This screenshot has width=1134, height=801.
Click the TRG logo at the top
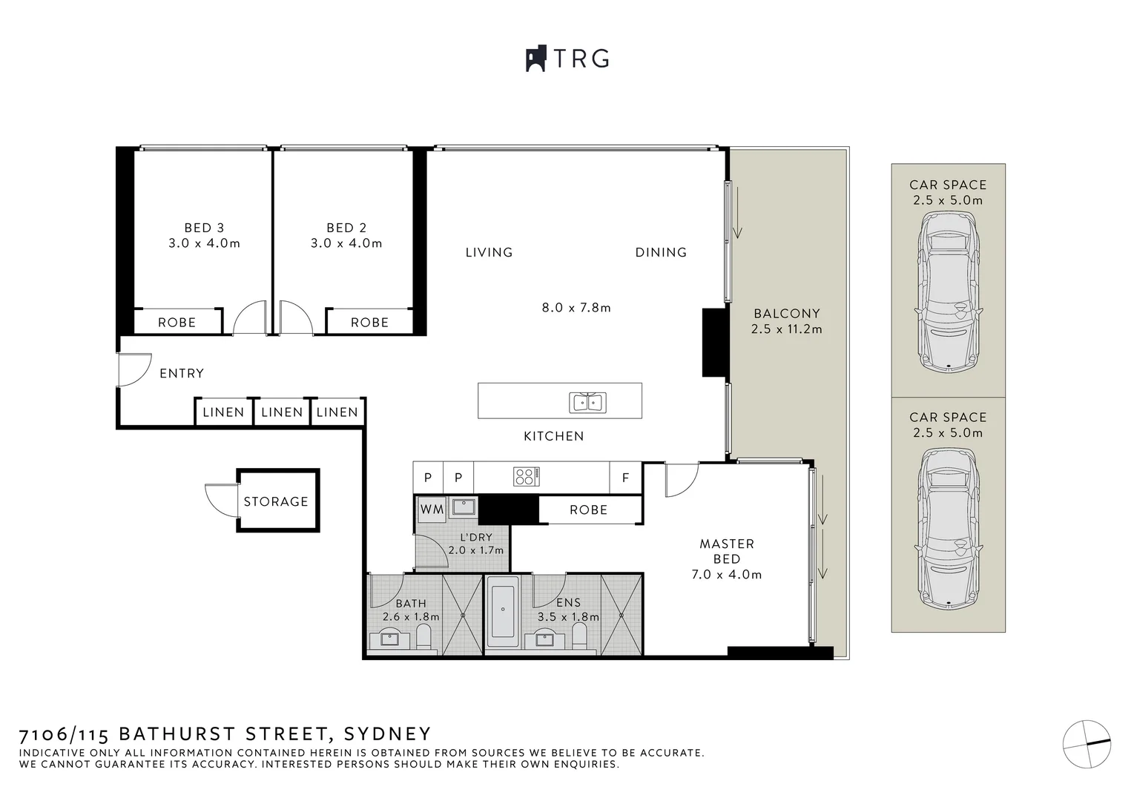coord(567,58)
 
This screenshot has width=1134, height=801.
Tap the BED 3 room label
coord(204,228)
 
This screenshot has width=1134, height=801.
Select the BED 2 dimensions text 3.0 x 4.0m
coord(346,243)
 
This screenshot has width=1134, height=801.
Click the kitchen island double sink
coord(587,402)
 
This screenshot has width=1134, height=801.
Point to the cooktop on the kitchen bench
coord(526,477)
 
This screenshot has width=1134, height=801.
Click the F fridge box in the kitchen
coord(625,478)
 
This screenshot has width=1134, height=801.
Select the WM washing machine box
coord(431,510)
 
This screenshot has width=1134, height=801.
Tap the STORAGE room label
coord(276,501)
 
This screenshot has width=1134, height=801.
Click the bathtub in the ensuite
coord(503,613)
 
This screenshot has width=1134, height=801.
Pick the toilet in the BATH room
coord(423,636)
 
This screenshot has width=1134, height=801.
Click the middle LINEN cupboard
coord(282,412)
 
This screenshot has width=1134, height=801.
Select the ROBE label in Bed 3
coord(177,323)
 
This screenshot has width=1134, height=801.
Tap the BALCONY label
coord(787,313)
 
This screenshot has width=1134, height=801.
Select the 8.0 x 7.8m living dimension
coord(576,308)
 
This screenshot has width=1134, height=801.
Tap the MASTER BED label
coord(727,551)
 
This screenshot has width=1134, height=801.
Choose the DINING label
coord(661,252)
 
